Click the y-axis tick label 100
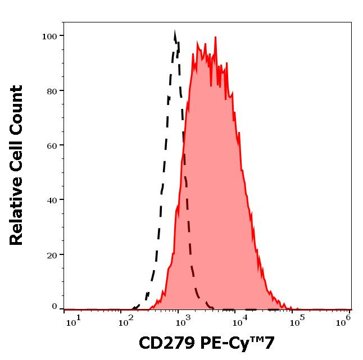point(49,37)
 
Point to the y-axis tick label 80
point(52,91)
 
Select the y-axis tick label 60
point(52,145)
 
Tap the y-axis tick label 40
point(52,200)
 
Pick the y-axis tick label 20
point(52,255)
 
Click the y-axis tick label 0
point(55,307)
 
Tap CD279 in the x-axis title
point(164,343)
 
